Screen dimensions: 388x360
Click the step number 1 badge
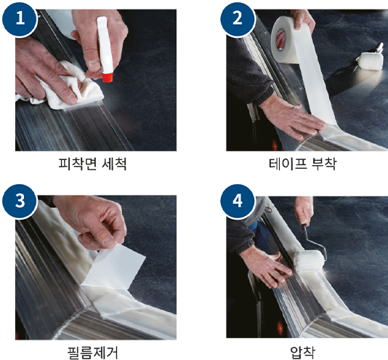[20, 19]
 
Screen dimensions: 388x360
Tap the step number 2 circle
[238, 19]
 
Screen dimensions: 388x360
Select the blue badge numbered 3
[20, 201]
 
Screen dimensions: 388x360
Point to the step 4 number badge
[238, 201]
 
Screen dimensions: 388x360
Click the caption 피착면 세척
[92, 164]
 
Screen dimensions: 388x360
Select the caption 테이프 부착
[303, 164]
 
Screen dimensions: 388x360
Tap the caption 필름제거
[92, 352]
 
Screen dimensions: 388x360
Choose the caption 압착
[303, 352]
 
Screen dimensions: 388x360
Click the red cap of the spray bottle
[108, 77]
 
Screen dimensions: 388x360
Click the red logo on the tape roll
[280, 40]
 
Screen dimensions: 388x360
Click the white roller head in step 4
[310, 260]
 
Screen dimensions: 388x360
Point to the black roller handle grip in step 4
[304, 227]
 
